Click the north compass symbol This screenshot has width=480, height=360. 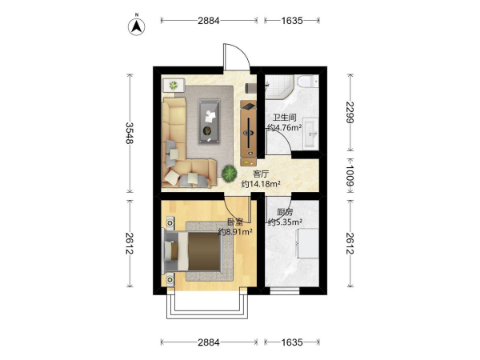[136, 26]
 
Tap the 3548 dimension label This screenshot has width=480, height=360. [130, 133]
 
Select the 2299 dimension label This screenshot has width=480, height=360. [350, 112]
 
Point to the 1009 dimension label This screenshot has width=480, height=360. [350, 176]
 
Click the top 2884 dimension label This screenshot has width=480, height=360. [209, 21]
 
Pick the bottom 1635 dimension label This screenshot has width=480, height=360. [292, 342]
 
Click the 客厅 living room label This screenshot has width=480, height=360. [261, 174]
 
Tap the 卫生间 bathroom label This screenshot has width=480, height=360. [284, 118]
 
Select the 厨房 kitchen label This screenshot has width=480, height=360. [285, 212]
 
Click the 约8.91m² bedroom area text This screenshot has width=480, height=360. [235, 232]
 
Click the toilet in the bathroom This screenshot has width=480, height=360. [308, 81]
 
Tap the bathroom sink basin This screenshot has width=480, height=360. [310, 134]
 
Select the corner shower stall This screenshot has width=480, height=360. [279, 86]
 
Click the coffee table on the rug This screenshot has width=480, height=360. [209, 121]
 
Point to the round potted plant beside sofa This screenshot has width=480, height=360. [229, 174]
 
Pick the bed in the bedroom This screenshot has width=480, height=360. [193, 251]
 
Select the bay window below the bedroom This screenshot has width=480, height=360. [207, 306]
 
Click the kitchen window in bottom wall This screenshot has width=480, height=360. [284, 291]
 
